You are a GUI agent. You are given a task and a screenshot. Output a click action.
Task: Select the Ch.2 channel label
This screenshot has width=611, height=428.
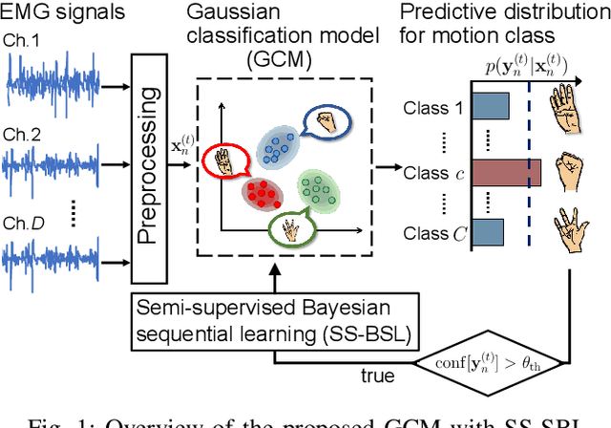click(x=22, y=136)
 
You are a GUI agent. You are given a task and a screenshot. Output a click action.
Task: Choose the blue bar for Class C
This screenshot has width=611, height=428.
click(x=487, y=231)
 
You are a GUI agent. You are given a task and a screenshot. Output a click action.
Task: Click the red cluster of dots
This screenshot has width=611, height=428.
click(x=263, y=194)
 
